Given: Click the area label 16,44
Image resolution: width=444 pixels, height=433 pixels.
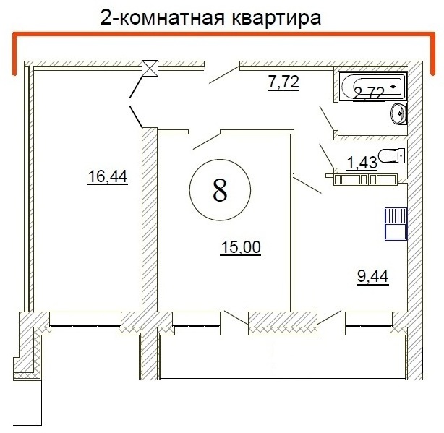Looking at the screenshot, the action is [x=107, y=177].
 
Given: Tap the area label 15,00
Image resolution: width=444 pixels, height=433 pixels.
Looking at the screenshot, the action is [x=240, y=248].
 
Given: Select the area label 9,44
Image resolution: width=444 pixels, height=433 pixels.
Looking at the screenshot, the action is [x=372, y=277].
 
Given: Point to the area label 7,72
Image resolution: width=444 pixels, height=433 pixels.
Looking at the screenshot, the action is [x=283, y=82].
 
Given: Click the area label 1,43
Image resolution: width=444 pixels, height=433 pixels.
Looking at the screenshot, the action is [x=362, y=163].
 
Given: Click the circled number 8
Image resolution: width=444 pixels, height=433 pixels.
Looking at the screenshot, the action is [x=220, y=189].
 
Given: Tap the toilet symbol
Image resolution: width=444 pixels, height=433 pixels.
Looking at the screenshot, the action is [x=391, y=155].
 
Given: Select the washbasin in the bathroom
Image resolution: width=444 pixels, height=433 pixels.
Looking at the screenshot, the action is [x=398, y=113].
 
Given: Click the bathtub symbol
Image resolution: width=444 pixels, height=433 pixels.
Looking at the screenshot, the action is [x=372, y=86].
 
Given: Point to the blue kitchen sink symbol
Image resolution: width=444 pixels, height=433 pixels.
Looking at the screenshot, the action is [x=396, y=224].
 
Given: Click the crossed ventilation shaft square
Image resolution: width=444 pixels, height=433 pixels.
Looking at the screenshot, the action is [x=150, y=68].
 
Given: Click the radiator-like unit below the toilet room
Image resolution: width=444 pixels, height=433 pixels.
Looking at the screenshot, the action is [x=365, y=179].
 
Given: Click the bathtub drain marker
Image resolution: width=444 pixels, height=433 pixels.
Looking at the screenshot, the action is [x=393, y=86].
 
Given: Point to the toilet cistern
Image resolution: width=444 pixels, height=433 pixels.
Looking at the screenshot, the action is [x=401, y=155].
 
